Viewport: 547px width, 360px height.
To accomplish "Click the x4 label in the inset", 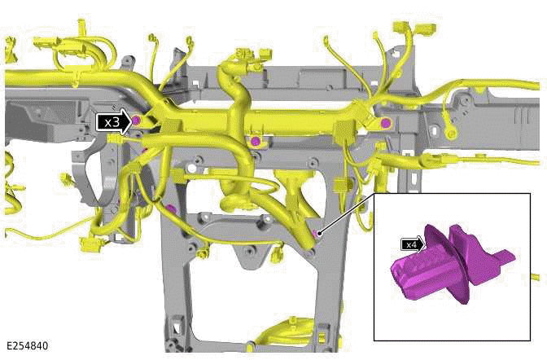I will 411,244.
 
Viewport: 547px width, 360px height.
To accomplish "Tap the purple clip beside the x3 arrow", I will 136,121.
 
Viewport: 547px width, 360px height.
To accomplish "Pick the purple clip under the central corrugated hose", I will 256,142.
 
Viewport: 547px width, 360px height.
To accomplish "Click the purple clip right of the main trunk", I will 385,123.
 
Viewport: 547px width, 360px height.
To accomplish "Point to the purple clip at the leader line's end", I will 316,234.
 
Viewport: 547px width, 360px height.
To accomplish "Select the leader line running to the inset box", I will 346,214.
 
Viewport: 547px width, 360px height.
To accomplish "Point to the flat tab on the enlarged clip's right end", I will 504,259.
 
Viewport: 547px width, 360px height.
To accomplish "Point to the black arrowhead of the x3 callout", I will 125,122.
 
